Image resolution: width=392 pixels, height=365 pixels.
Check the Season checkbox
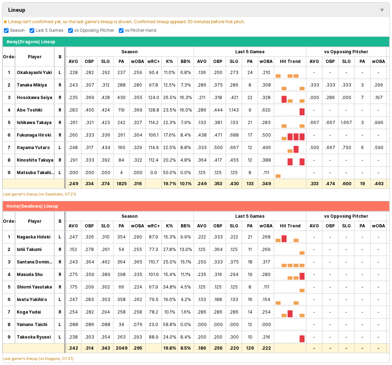click(6, 30)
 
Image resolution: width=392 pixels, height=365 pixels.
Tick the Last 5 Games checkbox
click(32, 30)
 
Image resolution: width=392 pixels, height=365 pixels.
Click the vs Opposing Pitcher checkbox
click(70, 30)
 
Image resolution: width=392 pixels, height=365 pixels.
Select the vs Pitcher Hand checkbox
click(121, 30)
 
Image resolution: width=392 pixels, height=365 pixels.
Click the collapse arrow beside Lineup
click(382, 10)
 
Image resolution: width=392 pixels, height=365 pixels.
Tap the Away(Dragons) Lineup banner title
click(31, 42)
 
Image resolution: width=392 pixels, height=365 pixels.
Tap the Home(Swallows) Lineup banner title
click(32, 206)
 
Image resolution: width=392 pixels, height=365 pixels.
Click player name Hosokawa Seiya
click(35, 98)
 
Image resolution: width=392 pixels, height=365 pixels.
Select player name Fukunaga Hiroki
click(34, 135)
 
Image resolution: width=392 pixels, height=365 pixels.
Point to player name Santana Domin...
click(35, 262)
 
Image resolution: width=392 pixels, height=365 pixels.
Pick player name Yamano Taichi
click(32, 325)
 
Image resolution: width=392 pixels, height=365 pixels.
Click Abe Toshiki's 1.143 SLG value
click(234, 110)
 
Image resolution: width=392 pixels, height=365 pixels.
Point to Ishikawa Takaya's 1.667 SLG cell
click(346, 123)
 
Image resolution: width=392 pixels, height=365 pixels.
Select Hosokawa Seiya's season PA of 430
click(121, 98)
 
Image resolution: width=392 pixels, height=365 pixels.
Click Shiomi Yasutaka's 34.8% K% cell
click(170, 287)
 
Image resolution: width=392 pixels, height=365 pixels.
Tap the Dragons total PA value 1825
click(121, 184)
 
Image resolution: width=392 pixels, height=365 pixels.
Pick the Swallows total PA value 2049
click(121, 348)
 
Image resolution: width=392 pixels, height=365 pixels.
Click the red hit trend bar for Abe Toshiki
click(302, 112)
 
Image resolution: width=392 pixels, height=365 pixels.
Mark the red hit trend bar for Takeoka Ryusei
click(302, 339)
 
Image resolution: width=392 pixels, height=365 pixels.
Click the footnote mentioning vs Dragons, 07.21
click(38, 359)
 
